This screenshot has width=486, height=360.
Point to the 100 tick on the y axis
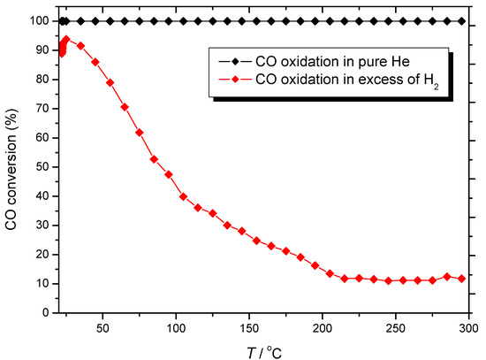[x=38, y=20]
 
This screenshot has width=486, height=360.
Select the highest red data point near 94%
[x=65, y=39]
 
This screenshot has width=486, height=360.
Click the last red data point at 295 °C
[x=461, y=279]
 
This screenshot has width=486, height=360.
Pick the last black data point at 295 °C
[x=461, y=20]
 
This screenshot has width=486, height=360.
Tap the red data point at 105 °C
[x=183, y=196]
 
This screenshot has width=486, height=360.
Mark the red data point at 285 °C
[x=447, y=276]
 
